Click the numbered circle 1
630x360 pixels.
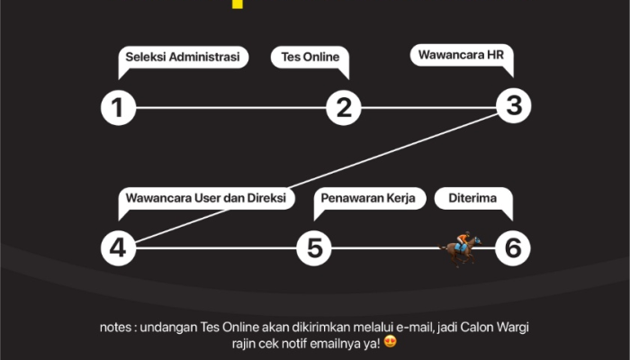pos(117,109)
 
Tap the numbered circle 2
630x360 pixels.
pos(343,109)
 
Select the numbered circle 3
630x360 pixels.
pos(514,105)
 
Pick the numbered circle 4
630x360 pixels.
pos(117,247)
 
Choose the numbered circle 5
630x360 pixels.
pos(314,247)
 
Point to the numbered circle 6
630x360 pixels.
pos(513,247)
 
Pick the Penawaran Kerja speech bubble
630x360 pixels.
pos(369,199)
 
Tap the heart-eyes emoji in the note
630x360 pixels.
pos(390,342)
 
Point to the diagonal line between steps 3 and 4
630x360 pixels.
pos(315,176)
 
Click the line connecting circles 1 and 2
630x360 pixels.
pos(229,109)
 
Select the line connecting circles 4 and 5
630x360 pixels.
pos(216,247)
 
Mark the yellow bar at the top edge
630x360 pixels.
pos(237,4)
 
